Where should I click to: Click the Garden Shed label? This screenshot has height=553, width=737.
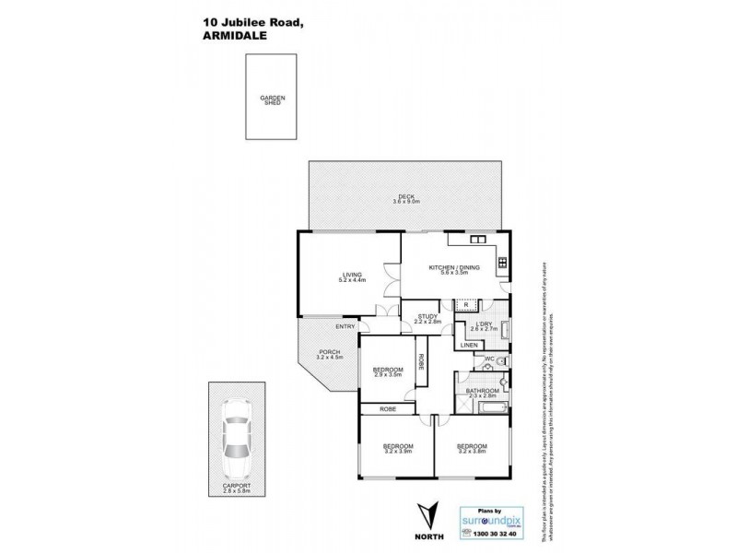coord(272,100)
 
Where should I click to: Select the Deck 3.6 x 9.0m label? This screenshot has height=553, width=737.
coord(405,198)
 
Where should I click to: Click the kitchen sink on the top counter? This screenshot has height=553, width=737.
coord(478,240)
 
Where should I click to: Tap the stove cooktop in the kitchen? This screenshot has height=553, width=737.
coord(502,264)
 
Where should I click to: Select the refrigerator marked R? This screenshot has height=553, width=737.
coord(467,303)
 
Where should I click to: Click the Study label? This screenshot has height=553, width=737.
coord(427,319)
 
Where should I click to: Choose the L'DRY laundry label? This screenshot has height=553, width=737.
coord(484,326)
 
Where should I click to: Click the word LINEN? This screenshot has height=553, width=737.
coord(469,345)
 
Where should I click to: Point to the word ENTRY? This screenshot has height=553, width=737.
coord(345,326)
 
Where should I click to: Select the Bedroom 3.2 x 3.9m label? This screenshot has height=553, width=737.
coord(399,449)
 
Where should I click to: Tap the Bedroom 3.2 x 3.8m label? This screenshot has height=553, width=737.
coord(472,449)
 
